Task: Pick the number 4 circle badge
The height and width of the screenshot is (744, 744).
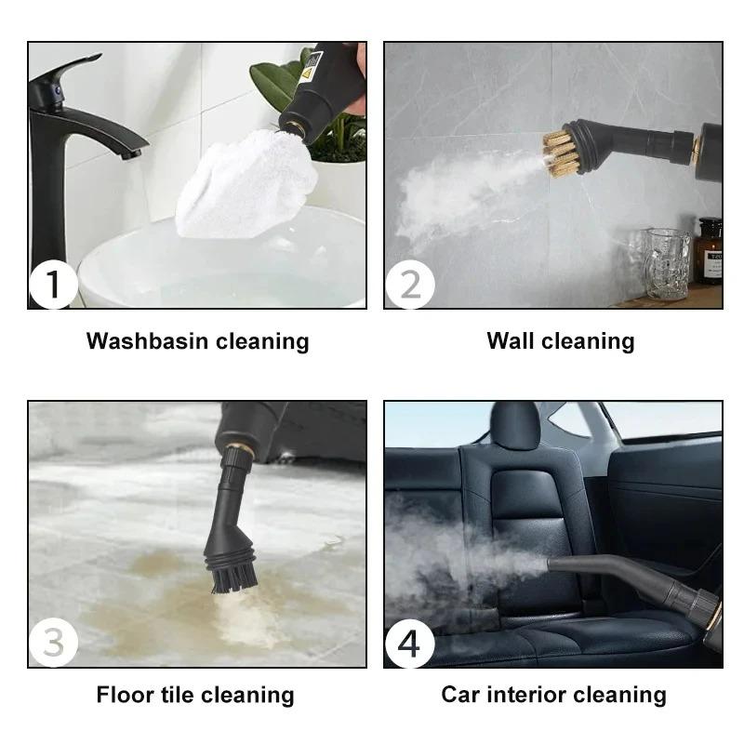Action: (409, 644)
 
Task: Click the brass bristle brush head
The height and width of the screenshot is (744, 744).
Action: (562, 153)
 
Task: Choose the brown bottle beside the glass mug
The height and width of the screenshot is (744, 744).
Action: (709, 251)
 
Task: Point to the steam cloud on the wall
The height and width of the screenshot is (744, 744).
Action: (456, 195)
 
